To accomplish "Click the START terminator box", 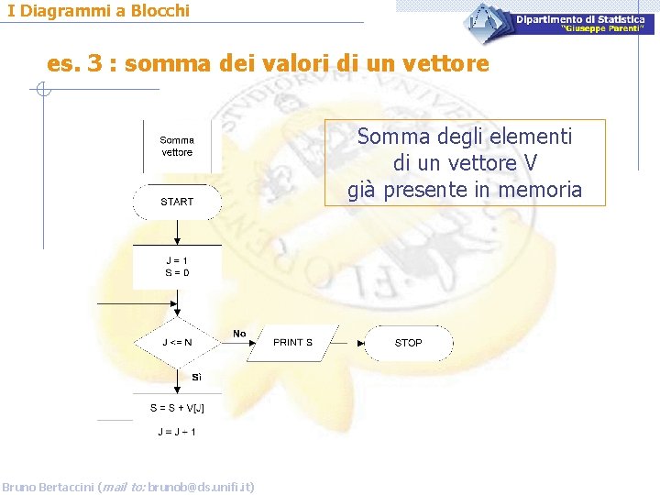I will [177, 202].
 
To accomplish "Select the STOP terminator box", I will [408, 343].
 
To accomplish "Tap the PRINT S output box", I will [292, 343].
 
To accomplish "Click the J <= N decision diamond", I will [177, 343].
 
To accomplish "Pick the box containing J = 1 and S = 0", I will [177, 267].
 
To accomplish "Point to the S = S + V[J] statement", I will [177, 408].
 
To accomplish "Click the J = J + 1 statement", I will [177, 432].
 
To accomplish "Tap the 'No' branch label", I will [239, 334].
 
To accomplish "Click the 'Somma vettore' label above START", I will [177, 147].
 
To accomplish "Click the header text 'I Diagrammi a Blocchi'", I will [99, 11].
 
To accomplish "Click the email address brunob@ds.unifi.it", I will [201, 487].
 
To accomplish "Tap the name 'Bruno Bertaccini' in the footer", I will [48, 487].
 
